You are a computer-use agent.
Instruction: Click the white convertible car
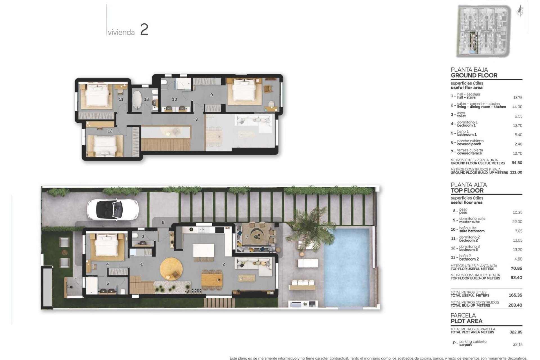[113, 210]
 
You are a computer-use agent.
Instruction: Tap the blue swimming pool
[347, 267]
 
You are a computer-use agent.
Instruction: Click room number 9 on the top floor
[211, 95]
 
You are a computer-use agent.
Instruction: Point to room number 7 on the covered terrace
[247, 237]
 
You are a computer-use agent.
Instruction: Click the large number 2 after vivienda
[144, 30]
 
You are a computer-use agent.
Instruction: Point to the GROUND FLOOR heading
[474, 75]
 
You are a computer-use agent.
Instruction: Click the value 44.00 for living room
[517, 107]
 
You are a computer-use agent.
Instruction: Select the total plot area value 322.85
[516, 332]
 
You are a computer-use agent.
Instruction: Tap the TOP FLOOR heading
[467, 190]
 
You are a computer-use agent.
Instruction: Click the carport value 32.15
[517, 345]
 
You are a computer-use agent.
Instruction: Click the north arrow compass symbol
[520, 12]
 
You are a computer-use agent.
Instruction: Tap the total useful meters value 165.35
[515, 295]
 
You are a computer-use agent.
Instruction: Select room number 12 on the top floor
[110, 131]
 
